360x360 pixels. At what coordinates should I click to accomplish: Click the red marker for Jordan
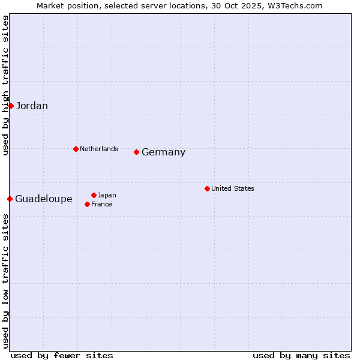point(11,106)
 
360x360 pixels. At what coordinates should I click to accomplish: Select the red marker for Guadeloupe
point(10,199)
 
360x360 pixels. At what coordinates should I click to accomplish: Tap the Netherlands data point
point(76,149)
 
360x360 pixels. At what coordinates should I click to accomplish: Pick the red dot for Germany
point(136,152)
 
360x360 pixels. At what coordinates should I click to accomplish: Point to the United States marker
point(207,188)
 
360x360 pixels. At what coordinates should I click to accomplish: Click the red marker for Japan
point(94,195)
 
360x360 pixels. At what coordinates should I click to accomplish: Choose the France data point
point(87,204)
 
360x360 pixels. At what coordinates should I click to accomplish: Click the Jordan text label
point(32,106)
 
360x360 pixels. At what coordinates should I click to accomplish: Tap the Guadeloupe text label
point(44,199)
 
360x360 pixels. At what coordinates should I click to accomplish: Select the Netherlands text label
point(99,149)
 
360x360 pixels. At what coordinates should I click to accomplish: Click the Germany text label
point(163,152)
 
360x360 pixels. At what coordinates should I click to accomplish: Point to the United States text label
point(233,188)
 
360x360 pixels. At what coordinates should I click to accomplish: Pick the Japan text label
point(107,195)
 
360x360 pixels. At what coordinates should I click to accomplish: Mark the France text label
point(101,204)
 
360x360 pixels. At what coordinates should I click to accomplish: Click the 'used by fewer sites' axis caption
point(62,355)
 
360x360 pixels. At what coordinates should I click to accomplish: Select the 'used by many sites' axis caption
point(301,355)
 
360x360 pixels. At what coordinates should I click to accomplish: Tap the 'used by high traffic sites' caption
point(5,85)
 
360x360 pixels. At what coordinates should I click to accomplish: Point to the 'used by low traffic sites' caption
point(5,281)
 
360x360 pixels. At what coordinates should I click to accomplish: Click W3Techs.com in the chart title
point(295,5)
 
